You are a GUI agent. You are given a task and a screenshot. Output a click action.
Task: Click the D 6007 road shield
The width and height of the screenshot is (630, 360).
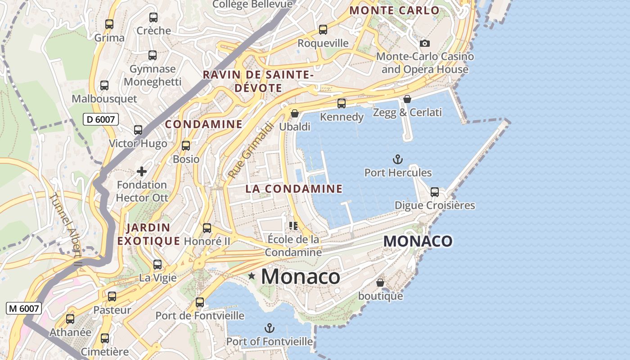pos(101,119)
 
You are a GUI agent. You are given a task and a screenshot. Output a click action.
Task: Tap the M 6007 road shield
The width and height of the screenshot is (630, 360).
pos(24,308)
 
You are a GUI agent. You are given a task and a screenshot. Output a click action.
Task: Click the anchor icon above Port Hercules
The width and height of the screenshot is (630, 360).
pos(398,159)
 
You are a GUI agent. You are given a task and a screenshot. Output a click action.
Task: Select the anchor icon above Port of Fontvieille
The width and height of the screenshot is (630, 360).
pos(270,328)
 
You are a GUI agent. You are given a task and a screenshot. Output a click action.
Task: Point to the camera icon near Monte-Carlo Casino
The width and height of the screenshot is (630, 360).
pos(425,44)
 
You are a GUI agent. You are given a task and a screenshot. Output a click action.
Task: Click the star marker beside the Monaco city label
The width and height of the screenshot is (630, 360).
pos(252,276)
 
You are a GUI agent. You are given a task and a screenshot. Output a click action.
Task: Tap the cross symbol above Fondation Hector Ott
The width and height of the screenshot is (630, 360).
pos(142,171)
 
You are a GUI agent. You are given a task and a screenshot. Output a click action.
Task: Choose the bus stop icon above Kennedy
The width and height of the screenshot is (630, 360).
pos(342,103)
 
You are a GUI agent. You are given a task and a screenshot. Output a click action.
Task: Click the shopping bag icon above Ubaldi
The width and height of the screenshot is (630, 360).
pos(295,113)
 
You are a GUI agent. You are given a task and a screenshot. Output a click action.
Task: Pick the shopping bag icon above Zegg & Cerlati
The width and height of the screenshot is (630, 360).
pos(407,99)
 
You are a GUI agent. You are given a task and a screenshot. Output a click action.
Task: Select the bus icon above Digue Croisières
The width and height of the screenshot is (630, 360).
pos(435,192)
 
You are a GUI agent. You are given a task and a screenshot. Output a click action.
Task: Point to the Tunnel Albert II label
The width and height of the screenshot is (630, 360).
pos(67,229)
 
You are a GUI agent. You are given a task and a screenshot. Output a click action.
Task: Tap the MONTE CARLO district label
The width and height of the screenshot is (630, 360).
pos(394,10)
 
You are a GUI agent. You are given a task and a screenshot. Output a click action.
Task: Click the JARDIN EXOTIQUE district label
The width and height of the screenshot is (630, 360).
pos(148,234)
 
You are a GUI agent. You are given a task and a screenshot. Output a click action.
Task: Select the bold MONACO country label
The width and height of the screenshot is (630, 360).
pos(418,241)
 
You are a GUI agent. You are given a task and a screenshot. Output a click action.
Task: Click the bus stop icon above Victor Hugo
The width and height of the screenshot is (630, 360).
pos(138,130)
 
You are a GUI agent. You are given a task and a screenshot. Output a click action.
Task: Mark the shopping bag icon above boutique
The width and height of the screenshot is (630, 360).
pos(380,283)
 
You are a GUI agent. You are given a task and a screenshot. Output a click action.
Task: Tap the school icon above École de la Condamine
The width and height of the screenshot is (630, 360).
pos(293,225)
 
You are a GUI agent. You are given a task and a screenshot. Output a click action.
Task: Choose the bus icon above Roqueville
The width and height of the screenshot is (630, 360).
pos(323,30)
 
